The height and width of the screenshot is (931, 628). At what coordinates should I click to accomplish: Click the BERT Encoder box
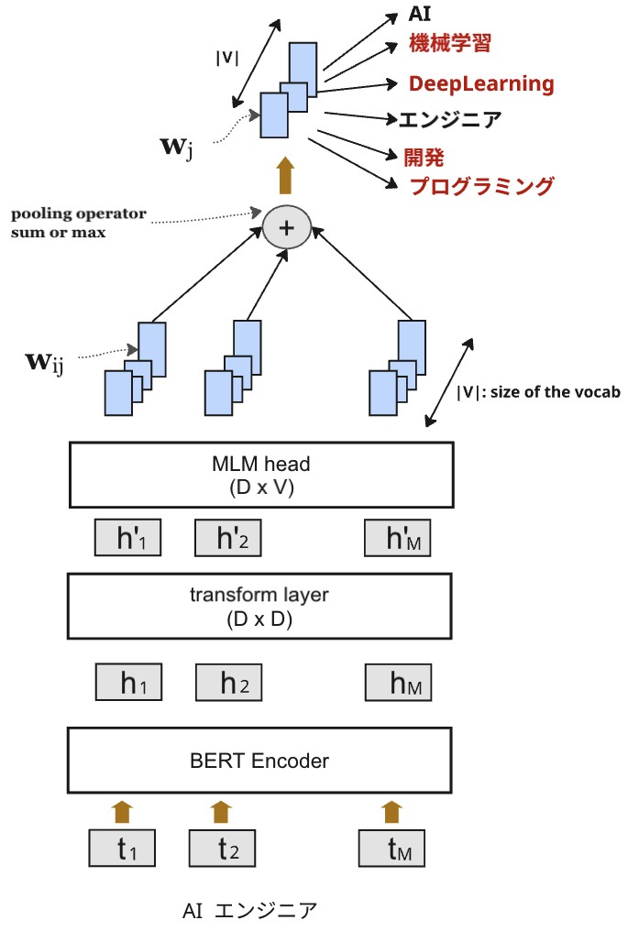tap(260, 760)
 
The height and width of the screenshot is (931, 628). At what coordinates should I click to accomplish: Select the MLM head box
tap(260, 475)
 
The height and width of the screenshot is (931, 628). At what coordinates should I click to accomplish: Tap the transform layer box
tap(260, 606)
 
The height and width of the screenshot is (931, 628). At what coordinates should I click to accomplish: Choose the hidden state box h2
tap(227, 682)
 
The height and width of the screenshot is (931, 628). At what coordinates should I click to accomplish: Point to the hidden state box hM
tap(397, 682)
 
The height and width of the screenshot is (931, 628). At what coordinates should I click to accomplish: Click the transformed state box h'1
tap(127, 538)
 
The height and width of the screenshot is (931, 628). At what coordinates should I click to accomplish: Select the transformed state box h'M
tap(397, 538)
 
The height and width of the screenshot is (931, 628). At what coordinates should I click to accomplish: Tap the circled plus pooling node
tap(287, 228)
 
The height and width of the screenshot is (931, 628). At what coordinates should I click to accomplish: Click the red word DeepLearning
tap(481, 84)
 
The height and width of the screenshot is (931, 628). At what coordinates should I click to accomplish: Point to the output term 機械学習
tap(450, 42)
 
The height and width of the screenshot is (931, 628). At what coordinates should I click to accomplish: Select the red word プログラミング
tap(481, 187)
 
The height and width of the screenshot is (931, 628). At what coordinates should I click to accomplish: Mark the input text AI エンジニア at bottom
tap(249, 910)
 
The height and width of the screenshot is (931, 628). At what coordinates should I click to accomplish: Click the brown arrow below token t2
tap(220, 811)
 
